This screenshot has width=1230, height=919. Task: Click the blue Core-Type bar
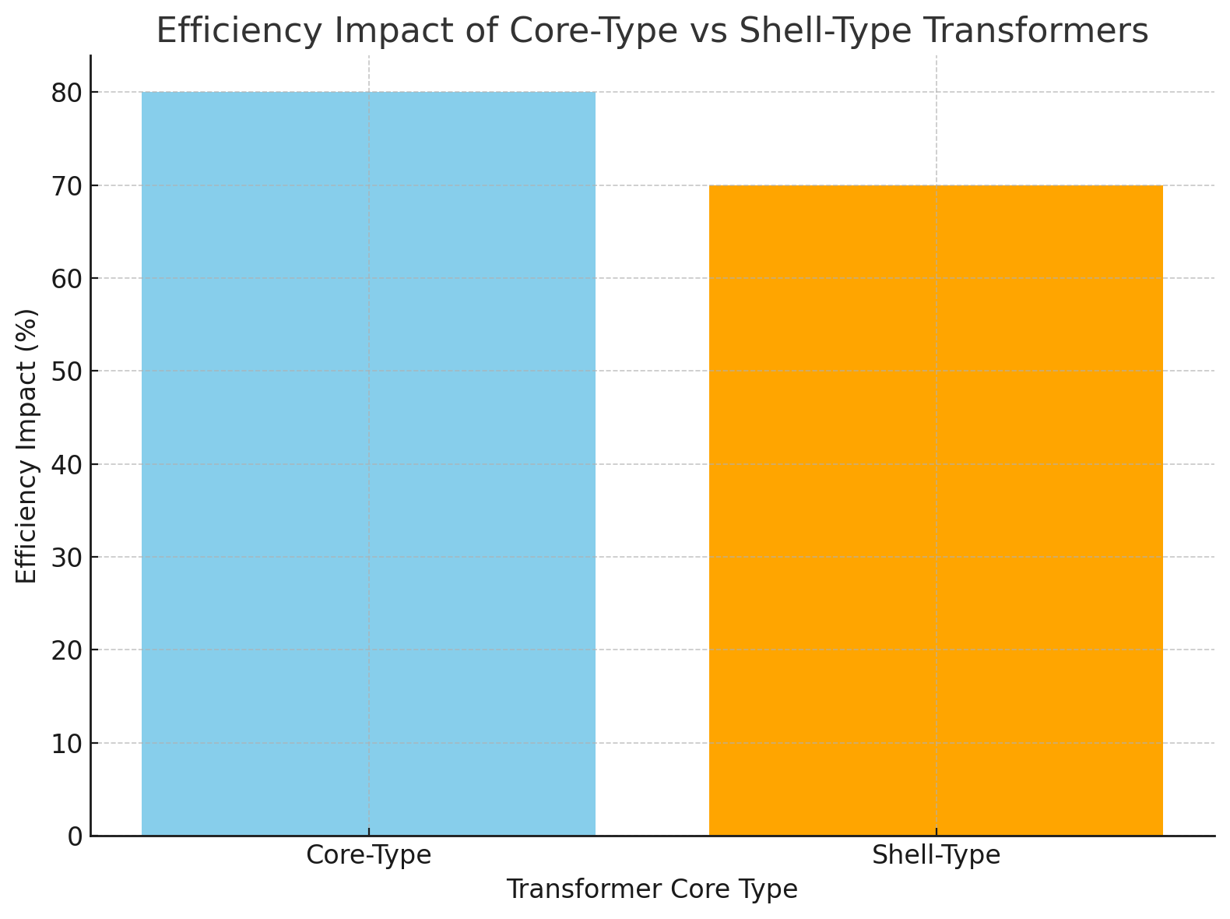pyautogui.click(x=368, y=463)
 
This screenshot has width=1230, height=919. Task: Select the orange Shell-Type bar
pyautogui.click(x=936, y=510)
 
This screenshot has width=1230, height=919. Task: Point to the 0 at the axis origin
pyautogui.click(x=75, y=836)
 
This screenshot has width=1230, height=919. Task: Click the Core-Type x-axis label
pyautogui.click(x=368, y=855)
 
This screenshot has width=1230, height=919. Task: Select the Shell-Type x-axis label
pyautogui.click(x=936, y=855)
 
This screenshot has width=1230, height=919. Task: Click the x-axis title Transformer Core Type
pyautogui.click(x=652, y=889)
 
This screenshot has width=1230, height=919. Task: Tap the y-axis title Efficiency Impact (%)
pyautogui.click(x=27, y=445)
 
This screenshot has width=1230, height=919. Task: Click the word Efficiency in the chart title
pyautogui.click(x=220, y=31)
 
